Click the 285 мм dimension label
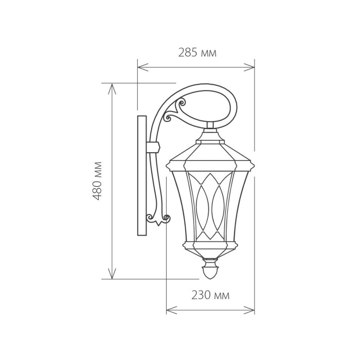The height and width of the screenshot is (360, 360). click(x=197, y=52)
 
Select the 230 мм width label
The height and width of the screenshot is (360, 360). click(x=210, y=295)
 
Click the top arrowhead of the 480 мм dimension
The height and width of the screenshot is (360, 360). click(x=112, y=86)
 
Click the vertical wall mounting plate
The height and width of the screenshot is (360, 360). click(x=142, y=175)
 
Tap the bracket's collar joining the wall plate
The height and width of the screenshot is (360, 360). click(x=153, y=147)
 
